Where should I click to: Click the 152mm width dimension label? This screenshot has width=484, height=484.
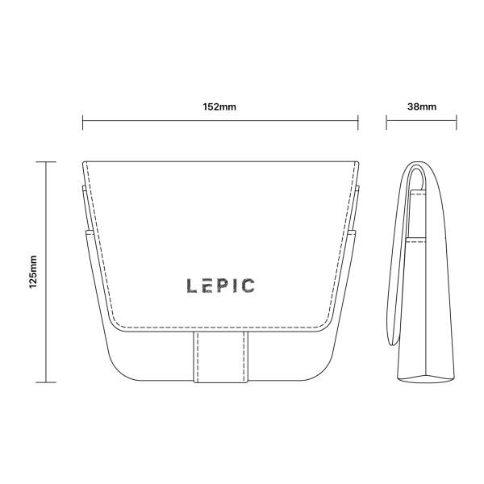pyautogui.click(x=219, y=106)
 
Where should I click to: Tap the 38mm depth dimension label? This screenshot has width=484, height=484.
pyautogui.click(x=422, y=106)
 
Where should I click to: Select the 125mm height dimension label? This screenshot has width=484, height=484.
pyautogui.click(x=33, y=272)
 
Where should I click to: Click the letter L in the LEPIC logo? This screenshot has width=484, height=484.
pyautogui.click(x=192, y=286)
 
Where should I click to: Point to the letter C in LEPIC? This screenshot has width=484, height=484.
pyautogui.click(x=248, y=286)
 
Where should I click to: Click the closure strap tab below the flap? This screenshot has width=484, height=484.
pyautogui.click(x=221, y=357)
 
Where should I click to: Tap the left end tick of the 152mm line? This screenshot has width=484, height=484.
pyautogui.click(x=83, y=123)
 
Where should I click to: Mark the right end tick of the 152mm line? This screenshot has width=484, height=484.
pyautogui.click(x=358, y=123)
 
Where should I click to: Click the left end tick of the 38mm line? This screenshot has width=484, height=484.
pyautogui.click(x=386, y=123)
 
